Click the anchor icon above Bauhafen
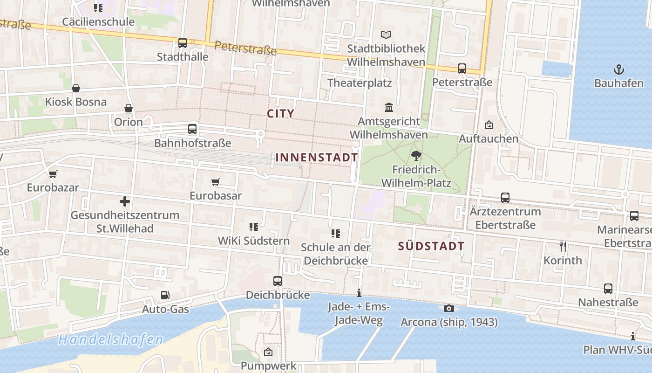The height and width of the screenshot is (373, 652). [x=618, y=70]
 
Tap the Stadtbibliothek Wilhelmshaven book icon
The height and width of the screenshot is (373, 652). [x=386, y=35]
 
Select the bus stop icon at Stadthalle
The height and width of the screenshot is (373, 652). [x=183, y=43]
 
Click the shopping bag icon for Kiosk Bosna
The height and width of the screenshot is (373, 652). [x=75, y=88]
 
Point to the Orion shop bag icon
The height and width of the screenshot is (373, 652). [x=129, y=108]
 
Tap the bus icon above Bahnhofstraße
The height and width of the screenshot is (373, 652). [x=192, y=129]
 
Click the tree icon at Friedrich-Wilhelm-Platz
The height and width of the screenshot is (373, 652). [x=416, y=156]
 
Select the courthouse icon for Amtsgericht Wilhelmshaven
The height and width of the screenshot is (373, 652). [x=388, y=108]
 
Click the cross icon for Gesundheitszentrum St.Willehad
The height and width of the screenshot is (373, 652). [x=124, y=201]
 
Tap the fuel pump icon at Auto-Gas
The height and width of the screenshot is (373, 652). [x=165, y=295]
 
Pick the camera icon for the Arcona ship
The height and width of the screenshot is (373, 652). [x=448, y=308]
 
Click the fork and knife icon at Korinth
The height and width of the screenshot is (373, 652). [x=563, y=246]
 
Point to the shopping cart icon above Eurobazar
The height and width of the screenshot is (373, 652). [x=53, y=174]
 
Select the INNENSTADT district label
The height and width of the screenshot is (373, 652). [x=317, y=158]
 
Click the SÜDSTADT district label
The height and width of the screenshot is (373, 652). [x=431, y=246]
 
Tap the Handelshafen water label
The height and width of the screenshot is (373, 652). [x=110, y=339]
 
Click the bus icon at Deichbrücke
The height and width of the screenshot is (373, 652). [x=278, y=281]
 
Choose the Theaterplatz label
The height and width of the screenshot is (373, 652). [x=359, y=83]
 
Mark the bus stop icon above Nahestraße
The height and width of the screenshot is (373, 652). [x=608, y=289]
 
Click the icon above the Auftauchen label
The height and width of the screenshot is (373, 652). [x=489, y=125]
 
